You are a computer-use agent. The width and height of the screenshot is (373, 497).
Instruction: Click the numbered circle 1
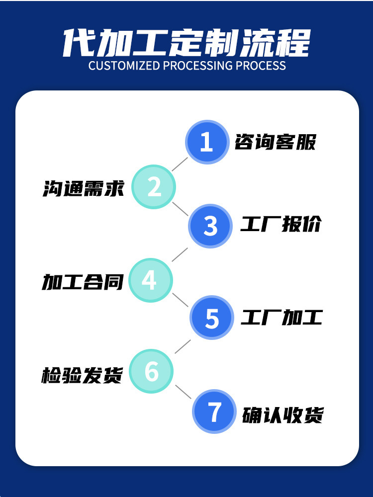(207, 142)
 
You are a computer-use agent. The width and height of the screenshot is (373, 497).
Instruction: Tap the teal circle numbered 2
(154, 187)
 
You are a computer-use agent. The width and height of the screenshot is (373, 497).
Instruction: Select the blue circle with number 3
(210, 226)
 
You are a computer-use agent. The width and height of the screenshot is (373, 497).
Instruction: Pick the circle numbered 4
(151, 280)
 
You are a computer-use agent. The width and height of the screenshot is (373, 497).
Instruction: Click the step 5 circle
(212, 318)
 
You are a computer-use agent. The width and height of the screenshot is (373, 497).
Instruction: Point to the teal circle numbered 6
(151, 371)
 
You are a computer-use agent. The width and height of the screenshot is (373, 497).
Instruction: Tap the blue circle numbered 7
(214, 412)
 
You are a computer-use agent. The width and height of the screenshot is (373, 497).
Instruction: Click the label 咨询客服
(276, 142)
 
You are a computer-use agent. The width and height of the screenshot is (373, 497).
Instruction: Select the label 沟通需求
(83, 188)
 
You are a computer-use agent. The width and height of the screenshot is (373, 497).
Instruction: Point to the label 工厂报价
(280, 224)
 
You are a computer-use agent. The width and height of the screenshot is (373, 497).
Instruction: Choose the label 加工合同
(83, 282)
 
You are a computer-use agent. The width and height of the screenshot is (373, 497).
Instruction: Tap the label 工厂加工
(281, 317)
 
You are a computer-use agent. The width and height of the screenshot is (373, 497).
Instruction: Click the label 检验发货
(82, 375)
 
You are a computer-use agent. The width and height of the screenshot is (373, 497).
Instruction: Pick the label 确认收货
(282, 414)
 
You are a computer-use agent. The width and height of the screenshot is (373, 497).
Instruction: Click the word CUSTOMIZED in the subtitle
(124, 66)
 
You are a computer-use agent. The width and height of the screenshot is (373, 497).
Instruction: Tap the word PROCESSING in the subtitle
(198, 66)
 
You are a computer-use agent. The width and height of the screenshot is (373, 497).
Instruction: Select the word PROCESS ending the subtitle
(261, 66)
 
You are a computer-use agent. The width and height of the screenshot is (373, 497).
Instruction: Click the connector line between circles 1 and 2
(180, 164)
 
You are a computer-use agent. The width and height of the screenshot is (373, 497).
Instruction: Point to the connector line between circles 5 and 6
(183, 346)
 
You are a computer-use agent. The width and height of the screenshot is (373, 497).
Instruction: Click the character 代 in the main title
(78, 43)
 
